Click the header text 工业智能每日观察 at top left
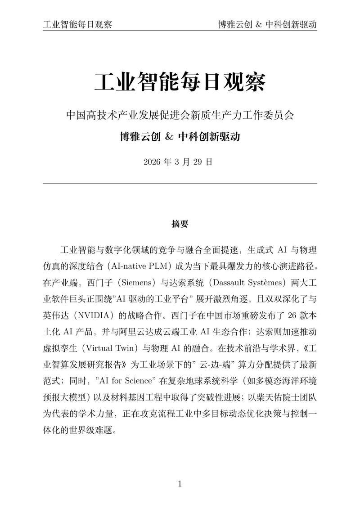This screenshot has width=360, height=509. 77,24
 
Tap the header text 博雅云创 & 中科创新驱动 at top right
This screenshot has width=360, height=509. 267,24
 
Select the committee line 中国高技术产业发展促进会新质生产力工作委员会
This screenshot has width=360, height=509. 180,115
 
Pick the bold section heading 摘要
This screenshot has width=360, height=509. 180,224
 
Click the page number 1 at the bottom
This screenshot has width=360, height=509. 180,484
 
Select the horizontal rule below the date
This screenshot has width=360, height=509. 180,183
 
